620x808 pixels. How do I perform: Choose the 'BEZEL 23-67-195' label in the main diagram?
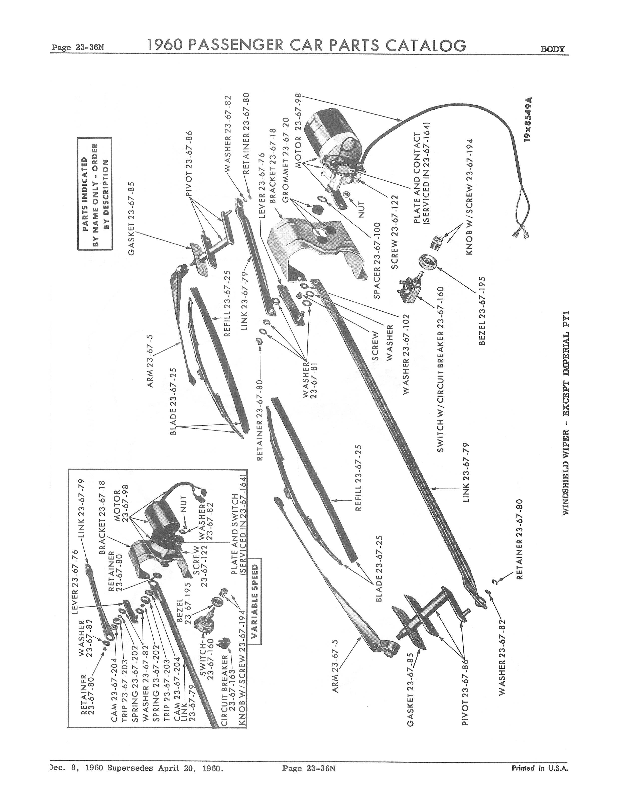(x=482, y=310)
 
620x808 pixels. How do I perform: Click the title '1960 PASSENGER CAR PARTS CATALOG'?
(x=307, y=45)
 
